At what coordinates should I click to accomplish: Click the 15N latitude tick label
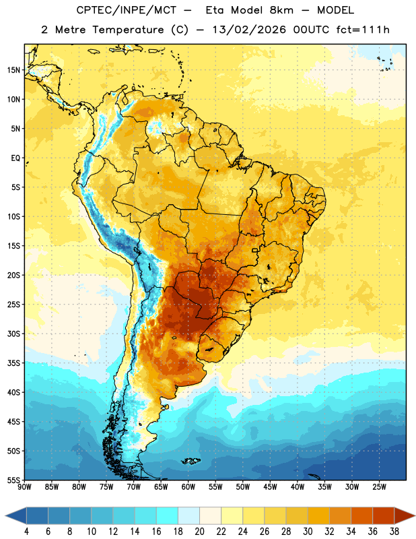click(x=13, y=70)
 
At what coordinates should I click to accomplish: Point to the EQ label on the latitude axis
click(x=15, y=158)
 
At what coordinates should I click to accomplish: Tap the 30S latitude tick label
click(x=13, y=334)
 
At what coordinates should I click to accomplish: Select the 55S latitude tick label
click(x=13, y=480)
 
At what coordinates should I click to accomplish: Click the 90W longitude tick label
click(x=24, y=486)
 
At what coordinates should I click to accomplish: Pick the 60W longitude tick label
click(x=188, y=486)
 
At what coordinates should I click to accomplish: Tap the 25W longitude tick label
click(x=379, y=486)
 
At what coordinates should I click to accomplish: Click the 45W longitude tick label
click(x=270, y=486)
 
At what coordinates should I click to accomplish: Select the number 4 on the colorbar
click(x=26, y=532)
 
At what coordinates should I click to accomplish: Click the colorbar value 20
click(x=199, y=532)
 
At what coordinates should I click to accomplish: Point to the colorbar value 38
click(x=394, y=532)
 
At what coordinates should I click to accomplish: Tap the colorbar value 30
click(x=308, y=532)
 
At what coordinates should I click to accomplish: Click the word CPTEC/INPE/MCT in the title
click(x=127, y=10)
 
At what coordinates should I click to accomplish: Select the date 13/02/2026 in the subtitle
click(x=249, y=30)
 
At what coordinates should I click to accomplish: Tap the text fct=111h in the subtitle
click(x=363, y=30)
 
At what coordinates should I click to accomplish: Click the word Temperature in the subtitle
click(x=128, y=30)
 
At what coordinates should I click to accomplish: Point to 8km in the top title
click(x=281, y=10)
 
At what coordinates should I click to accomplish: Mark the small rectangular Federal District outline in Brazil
click(x=255, y=250)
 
